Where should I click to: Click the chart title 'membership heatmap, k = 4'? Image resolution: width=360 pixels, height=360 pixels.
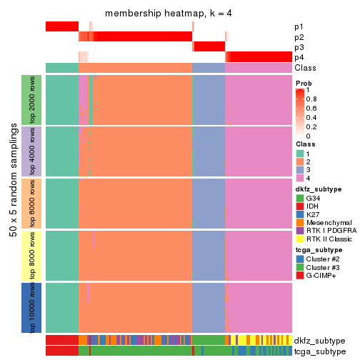pyautogui.click(x=169, y=14)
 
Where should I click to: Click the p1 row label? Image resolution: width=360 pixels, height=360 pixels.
pyautogui.click(x=299, y=26)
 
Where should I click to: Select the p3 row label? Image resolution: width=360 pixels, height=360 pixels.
pyautogui.click(x=299, y=47)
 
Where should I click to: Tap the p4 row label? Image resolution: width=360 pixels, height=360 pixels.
pyautogui.click(x=299, y=57)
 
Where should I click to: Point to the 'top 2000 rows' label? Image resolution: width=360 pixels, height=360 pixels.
pyautogui.click(x=32, y=99)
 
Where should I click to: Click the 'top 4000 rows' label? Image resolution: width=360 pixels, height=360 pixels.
pyautogui.click(x=32, y=151)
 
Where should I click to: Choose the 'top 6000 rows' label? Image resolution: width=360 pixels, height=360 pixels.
pyautogui.click(x=32, y=203)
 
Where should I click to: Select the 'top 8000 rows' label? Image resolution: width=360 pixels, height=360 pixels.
pyautogui.click(x=32, y=255)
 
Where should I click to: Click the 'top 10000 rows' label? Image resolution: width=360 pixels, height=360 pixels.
pyautogui.click(x=32, y=307)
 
